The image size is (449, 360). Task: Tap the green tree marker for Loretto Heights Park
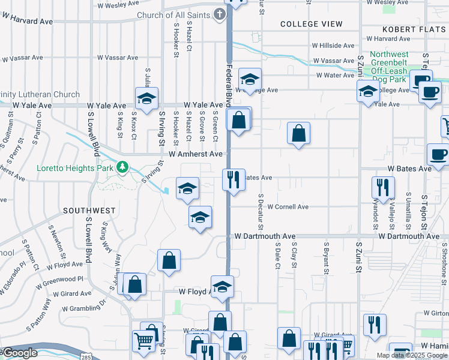click(x=123, y=167)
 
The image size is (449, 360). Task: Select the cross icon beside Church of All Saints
click(x=220, y=14)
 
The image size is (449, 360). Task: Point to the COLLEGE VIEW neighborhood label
click(x=312, y=25)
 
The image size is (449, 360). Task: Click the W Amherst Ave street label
click(x=196, y=154)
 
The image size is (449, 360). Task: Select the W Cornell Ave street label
click(x=288, y=207)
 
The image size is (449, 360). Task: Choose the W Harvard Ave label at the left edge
click(x=27, y=21)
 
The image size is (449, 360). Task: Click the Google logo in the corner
click(x=19, y=353)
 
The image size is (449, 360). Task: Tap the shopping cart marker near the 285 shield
click(x=144, y=341)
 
